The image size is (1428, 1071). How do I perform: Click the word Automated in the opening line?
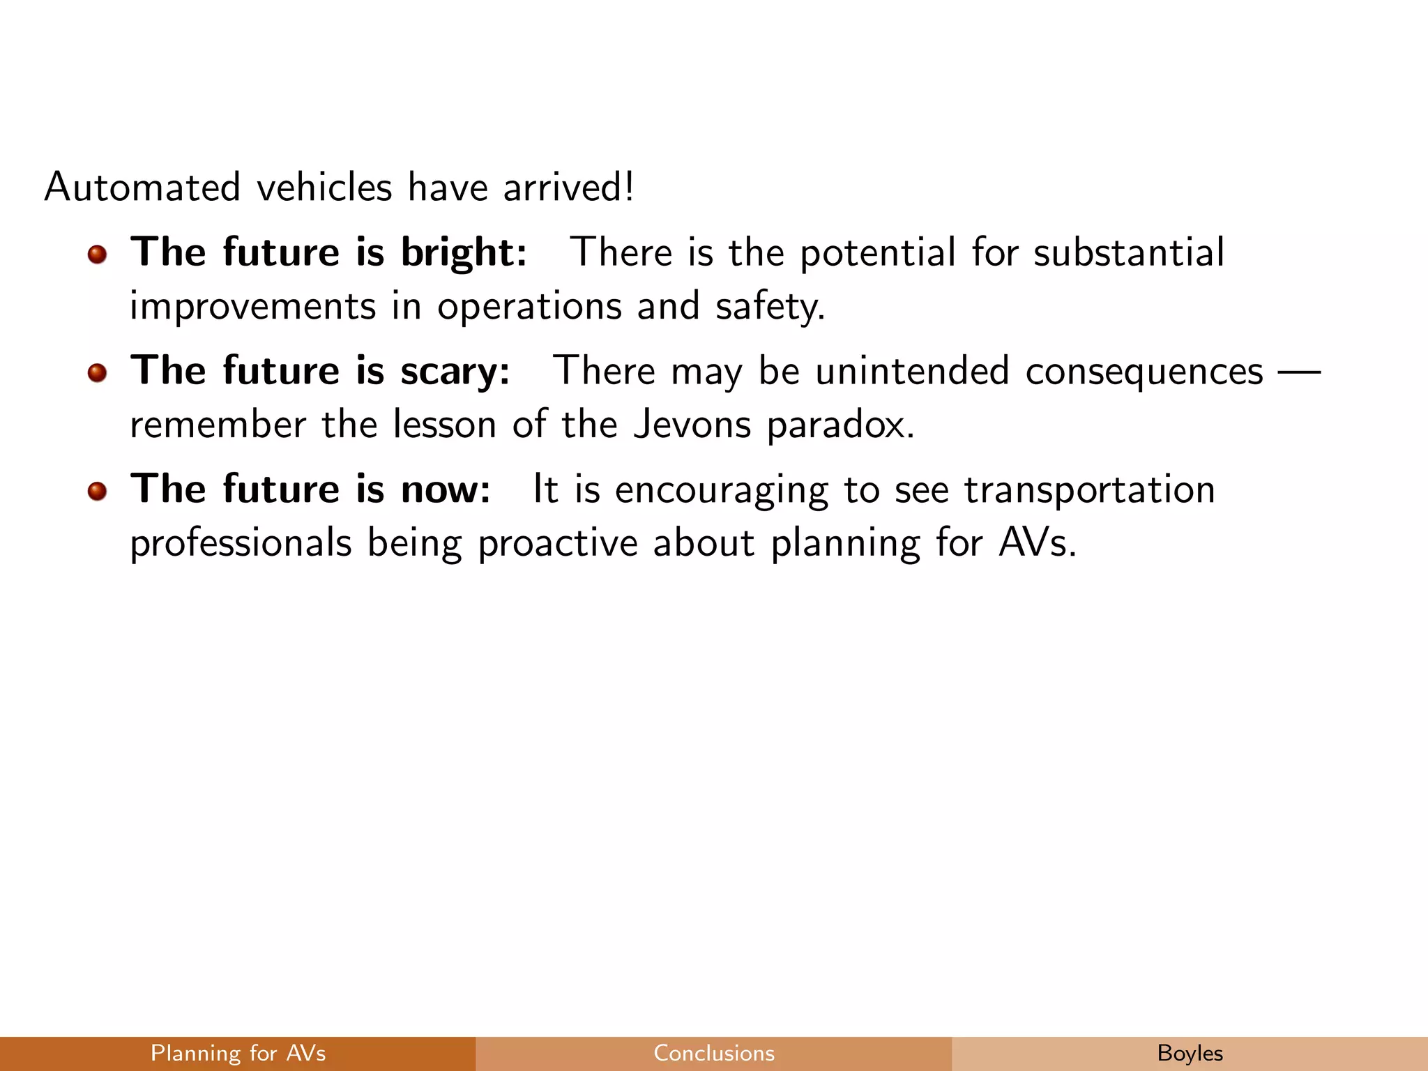pos(142,187)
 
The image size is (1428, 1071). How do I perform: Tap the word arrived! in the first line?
pos(568,187)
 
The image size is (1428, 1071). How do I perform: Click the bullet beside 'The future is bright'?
pos(97,255)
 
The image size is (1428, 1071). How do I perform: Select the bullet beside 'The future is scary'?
pos(97,373)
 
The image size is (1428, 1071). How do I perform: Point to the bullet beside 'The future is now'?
pos(97,492)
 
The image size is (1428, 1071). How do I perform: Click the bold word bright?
pos(464,252)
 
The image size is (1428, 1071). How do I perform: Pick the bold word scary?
pos(455,371)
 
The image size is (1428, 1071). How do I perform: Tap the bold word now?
pos(446,489)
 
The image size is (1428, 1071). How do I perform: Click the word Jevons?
pos(692,424)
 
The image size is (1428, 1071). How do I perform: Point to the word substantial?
pos(1128,252)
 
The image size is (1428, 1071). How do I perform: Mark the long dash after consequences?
pos(1299,371)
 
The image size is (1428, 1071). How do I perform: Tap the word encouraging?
pos(721,490)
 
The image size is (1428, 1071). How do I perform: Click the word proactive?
pos(558,543)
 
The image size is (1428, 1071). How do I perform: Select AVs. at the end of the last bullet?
pos(1038,542)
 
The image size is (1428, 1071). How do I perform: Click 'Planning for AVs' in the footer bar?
pos(238,1053)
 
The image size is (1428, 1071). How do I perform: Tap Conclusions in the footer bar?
pos(714,1053)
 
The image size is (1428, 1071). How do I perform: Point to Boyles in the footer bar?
pos(1190,1053)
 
